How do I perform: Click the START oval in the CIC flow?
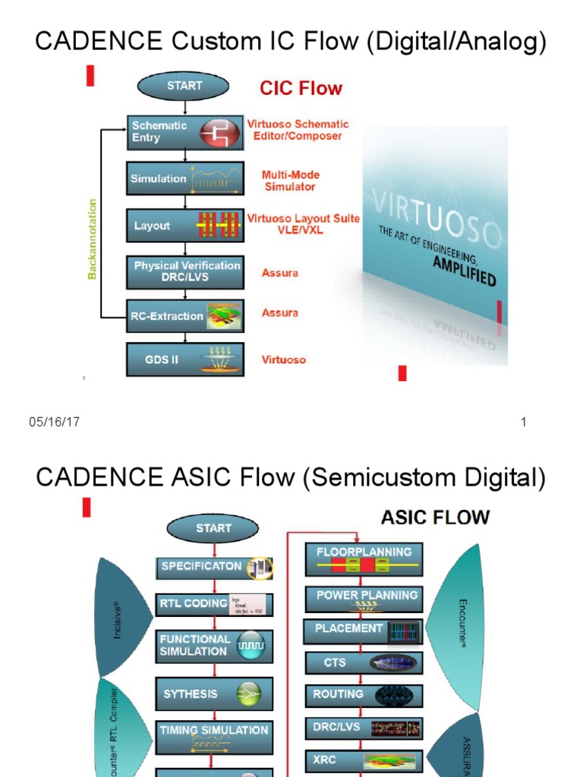184,87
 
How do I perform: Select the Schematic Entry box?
185,132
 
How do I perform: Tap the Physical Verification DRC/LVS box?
185,272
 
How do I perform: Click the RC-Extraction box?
185,316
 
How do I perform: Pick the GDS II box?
185,360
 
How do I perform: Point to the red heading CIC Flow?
301,89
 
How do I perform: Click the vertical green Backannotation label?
93,239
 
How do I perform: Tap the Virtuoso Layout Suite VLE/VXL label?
303,224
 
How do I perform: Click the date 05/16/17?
54,423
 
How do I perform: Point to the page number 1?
523,423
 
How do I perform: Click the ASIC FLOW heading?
434,517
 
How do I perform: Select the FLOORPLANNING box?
364,558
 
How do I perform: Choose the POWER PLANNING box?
364,599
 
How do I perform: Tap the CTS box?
364,662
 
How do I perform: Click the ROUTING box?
364,694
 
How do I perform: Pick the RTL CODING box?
214,604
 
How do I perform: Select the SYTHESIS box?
214,694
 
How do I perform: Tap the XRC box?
364,760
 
